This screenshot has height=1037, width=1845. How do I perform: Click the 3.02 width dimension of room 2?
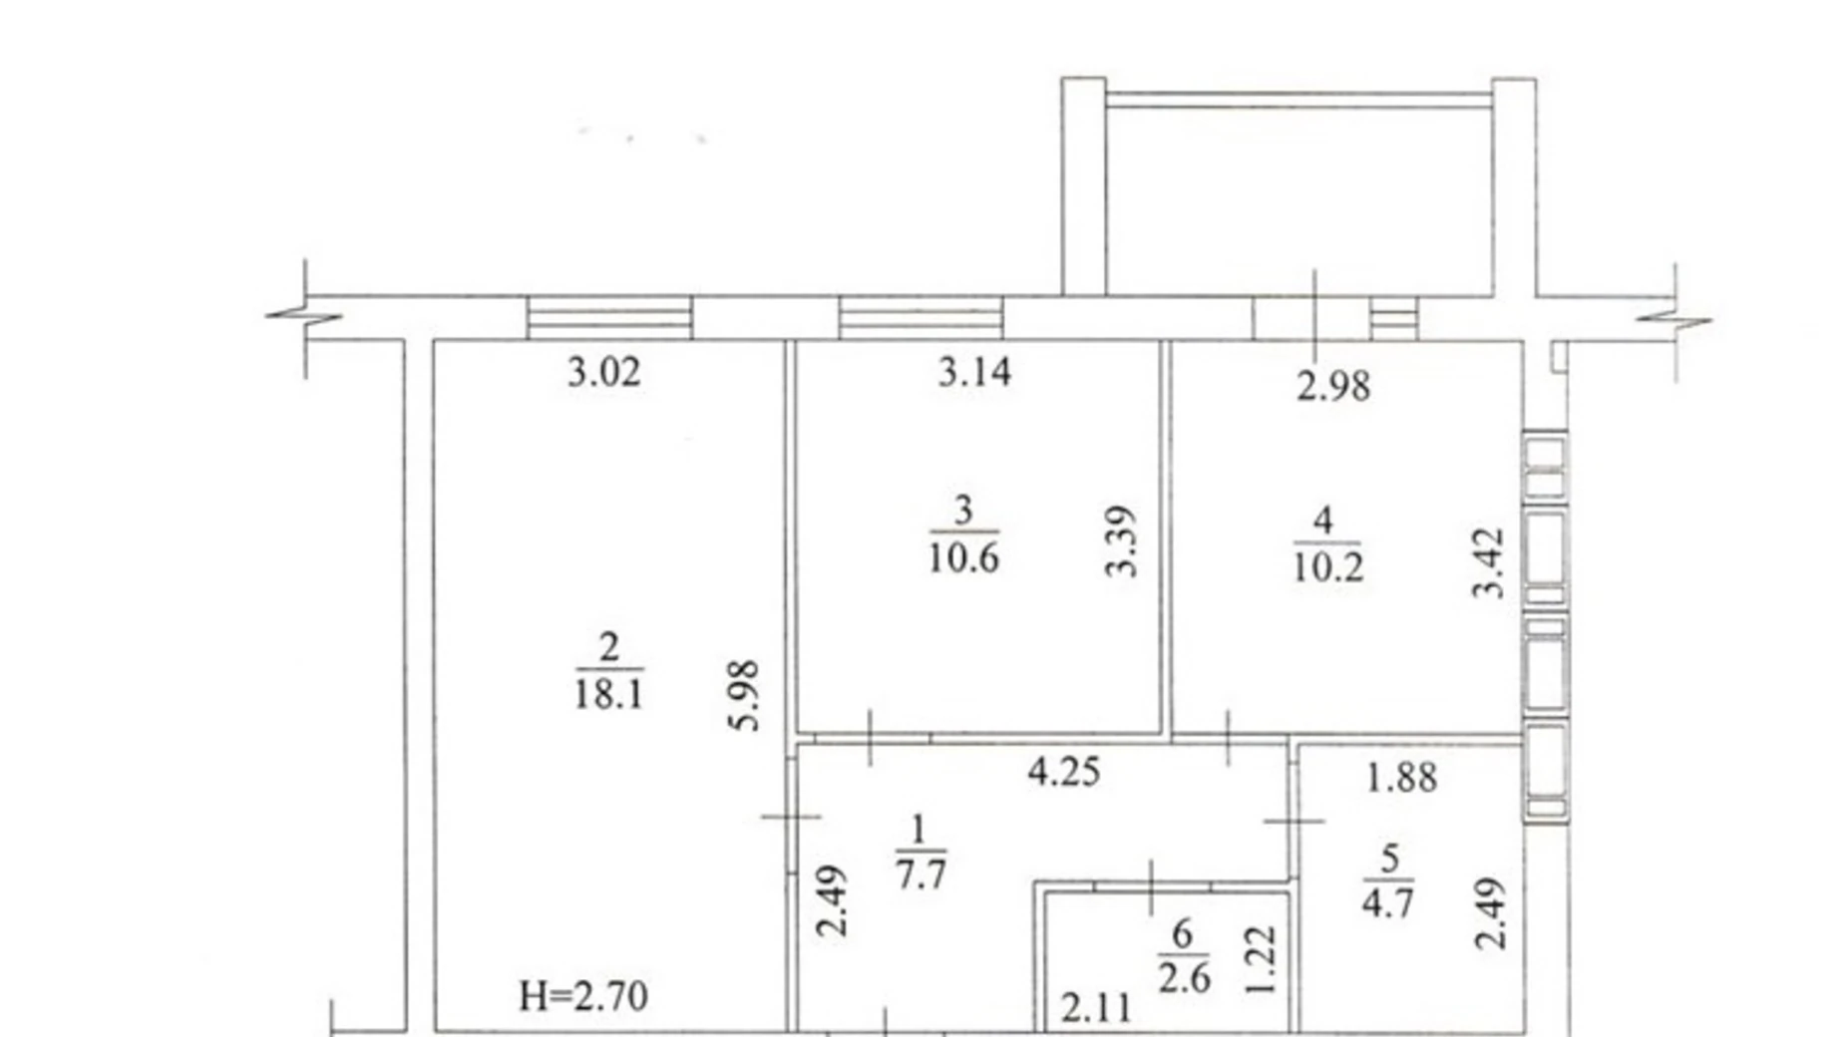coord(603,373)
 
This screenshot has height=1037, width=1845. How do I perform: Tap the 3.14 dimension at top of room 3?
coord(974,372)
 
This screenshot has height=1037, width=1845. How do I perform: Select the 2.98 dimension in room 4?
coord(1333,386)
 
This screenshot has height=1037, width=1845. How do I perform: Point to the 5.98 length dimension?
coord(745,695)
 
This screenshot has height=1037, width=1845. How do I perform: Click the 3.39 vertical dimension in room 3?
coord(1122,541)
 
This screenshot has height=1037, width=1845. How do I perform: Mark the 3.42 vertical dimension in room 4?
coord(1488,562)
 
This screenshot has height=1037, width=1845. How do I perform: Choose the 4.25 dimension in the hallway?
coord(1064,772)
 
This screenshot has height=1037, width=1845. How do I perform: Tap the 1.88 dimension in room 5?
coord(1401,778)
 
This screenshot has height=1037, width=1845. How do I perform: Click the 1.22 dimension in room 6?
coord(1262,960)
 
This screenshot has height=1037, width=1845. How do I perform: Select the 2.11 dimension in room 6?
coord(1096,1009)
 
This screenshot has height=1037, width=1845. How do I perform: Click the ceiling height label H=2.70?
coord(583,996)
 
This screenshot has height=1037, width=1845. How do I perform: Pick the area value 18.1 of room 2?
coord(607,693)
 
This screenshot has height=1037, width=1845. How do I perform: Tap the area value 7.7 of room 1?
coord(920,874)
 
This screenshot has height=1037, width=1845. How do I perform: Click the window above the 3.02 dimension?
coord(609,318)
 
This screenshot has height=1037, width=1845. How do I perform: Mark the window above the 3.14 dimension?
coord(921,318)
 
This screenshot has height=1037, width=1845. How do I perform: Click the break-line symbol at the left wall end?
coord(304,318)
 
